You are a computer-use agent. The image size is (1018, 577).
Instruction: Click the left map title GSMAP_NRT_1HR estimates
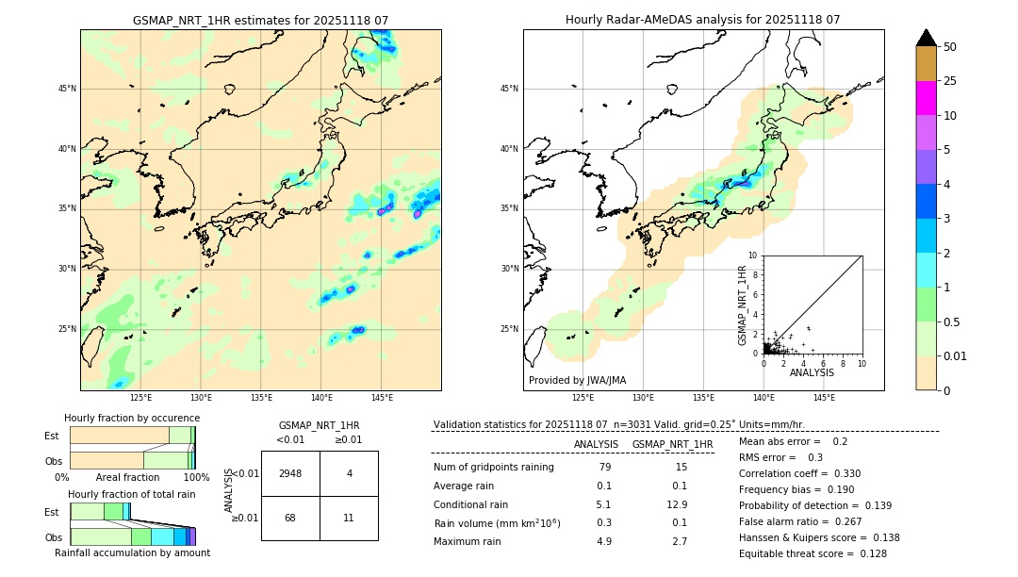tap(260, 20)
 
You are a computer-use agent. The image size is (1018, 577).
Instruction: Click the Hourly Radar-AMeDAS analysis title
tap(702, 20)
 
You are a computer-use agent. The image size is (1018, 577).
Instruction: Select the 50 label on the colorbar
tap(950, 47)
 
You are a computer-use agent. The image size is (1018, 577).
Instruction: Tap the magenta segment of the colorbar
tap(926, 98)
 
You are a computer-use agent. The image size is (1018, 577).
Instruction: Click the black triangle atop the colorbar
tap(926, 38)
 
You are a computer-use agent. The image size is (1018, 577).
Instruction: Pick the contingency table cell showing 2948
tap(290, 473)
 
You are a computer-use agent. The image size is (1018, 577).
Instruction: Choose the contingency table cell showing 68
tap(290, 518)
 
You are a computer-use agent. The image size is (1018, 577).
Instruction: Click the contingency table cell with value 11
tap(349, 518)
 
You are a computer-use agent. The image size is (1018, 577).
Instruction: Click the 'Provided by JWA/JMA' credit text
tap(577, 380)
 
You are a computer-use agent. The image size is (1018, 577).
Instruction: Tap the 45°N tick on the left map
tap(67, 89)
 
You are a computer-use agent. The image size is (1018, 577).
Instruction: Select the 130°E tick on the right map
tap(643, 398)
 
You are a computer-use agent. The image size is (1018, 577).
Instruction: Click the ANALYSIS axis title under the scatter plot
tap(812, 372)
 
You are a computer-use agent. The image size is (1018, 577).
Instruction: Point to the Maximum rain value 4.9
tap(604, 541)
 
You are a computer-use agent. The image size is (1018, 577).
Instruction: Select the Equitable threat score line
tap(813, 553)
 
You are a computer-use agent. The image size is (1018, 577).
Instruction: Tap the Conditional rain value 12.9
tap(677, 504)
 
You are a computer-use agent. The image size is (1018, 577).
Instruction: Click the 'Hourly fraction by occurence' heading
tap(132, 418)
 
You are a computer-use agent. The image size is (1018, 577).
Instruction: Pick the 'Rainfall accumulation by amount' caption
tap(132, 552)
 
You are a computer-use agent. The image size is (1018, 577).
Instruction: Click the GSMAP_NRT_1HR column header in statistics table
tap(672, 444)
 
